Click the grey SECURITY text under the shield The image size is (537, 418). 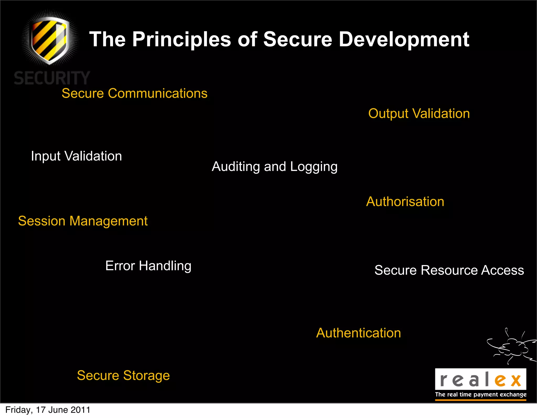point(52,78)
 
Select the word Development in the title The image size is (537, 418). point(404,39)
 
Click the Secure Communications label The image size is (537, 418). point(135,93)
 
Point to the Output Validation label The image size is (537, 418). point(419,114)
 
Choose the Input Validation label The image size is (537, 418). point(76,156)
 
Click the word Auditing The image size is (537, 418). point(236,167)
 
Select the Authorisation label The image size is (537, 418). point(405,202)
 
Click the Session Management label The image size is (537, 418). point(83,221)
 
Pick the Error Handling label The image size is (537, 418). point(148,266)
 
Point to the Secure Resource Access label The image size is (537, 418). point(449,270)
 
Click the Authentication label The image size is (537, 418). point(358,333)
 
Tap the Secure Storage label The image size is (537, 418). point(123,375)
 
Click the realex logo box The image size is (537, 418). point(480,379)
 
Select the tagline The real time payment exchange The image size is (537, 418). point(481,395)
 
